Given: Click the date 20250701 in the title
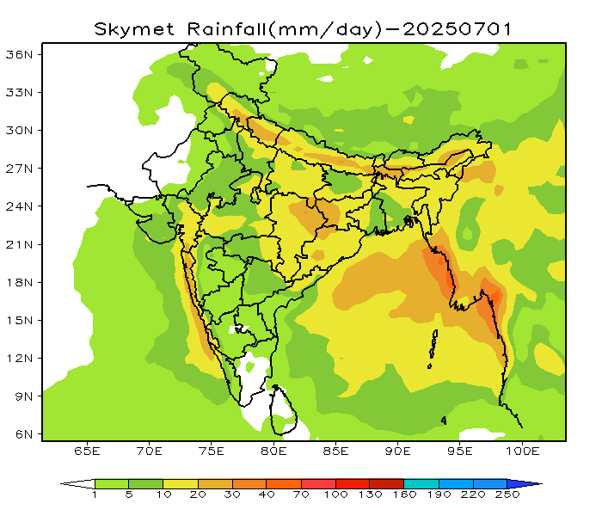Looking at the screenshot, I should [x=458, y=28].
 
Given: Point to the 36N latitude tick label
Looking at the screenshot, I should [x=20, y=54].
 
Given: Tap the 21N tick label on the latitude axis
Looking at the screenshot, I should [x=20, y=244].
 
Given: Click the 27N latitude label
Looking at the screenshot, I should [x=20, y=169].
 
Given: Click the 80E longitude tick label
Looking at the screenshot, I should [x=274, y=451].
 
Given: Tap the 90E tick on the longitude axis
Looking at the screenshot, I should [x=399, y=451].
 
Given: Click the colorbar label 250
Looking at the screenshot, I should [x=507, y=496].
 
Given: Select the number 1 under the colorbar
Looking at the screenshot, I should [x=95, y=496].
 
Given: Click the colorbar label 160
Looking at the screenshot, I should [x=403, y=496].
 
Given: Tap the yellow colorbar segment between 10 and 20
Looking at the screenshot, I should [x=181, y=484].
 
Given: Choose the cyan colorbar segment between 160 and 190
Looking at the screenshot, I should [x=421, y=484].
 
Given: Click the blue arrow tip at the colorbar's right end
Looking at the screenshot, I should [x=534, y=484].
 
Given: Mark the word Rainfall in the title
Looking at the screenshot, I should [x=223, y=28].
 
